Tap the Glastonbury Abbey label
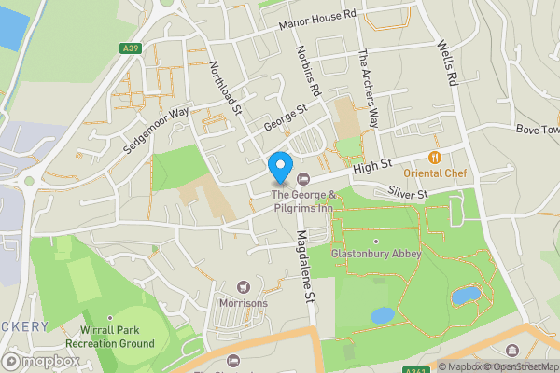tap(376, 254)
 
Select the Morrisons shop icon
tap(245, 286)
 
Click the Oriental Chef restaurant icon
tap(435, 158)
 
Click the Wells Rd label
tap(446, 63)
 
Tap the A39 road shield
tap(130, 48)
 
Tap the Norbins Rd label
tap(307, 71)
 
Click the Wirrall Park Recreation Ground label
tap(116, 337)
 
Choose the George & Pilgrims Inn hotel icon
tap(301, 179)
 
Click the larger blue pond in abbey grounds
tap(466, 295)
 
